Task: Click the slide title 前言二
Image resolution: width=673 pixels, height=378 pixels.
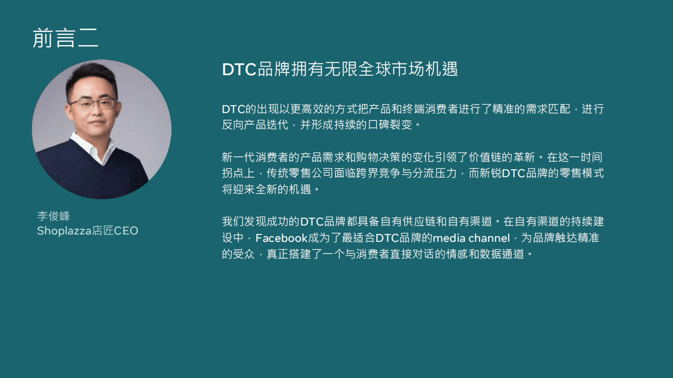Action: click(x=65, y=38)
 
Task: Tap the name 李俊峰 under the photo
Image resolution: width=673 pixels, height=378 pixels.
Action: click(x=53, y=216)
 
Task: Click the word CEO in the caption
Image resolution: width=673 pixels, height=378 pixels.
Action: click(x=126, y=231)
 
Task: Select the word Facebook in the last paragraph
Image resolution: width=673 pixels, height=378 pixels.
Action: click(x=281, y=238)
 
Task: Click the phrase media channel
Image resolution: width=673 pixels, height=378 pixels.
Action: click(x=471, y=238)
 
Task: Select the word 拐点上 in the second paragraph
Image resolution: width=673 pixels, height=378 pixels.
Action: click(x=239, y=173)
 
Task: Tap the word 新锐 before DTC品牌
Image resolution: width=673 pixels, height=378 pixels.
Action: click(x=490, y=173)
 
